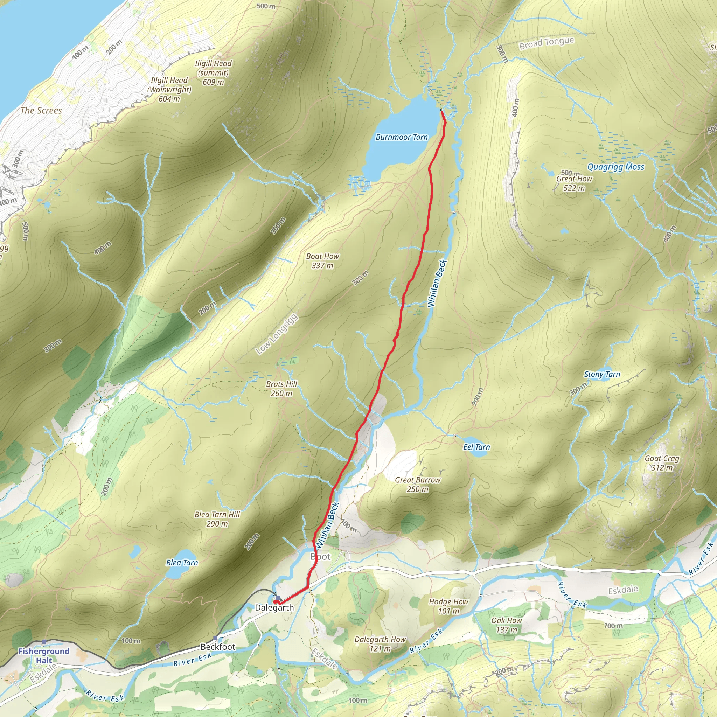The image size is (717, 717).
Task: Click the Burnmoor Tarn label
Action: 402,137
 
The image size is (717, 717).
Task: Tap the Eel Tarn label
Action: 476,447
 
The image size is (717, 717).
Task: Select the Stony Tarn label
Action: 602,375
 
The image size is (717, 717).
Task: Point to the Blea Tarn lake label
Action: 182,563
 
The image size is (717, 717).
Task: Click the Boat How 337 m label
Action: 322,260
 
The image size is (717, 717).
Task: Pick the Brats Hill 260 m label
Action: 282,389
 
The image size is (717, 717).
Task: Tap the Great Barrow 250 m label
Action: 418,484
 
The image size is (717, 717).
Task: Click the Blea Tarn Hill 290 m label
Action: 217,519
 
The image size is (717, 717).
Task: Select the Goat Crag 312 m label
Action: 662,463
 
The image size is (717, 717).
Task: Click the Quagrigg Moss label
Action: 616,167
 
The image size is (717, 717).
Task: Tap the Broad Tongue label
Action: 547,43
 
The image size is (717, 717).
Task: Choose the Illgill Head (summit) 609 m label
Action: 214,73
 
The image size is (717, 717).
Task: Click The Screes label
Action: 41,111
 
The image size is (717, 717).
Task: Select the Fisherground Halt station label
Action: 44,656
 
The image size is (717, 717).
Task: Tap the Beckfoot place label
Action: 218,647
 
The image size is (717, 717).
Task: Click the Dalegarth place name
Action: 274,607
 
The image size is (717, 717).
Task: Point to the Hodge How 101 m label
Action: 449,606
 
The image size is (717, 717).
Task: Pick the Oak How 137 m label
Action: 507,625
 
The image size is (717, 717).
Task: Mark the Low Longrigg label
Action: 277,334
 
